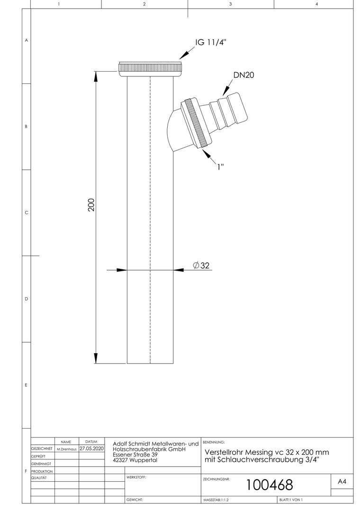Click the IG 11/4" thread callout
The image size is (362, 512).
click(x=210, y=43)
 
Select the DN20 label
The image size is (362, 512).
click(x=244, y=75)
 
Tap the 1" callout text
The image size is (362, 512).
click(x=221, y=166)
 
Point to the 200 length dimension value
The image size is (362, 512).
click(x=91, y=205)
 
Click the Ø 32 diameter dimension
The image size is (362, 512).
click(x=201, y=265)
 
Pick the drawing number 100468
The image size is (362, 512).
click(x=269, y=485)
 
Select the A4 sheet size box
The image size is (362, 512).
click(x=342, y=482)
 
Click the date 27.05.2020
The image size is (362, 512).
click(x=92, y=449)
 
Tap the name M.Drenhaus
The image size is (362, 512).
click(x=67, y=449)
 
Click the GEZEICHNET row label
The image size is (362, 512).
click(x=42, y=449)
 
